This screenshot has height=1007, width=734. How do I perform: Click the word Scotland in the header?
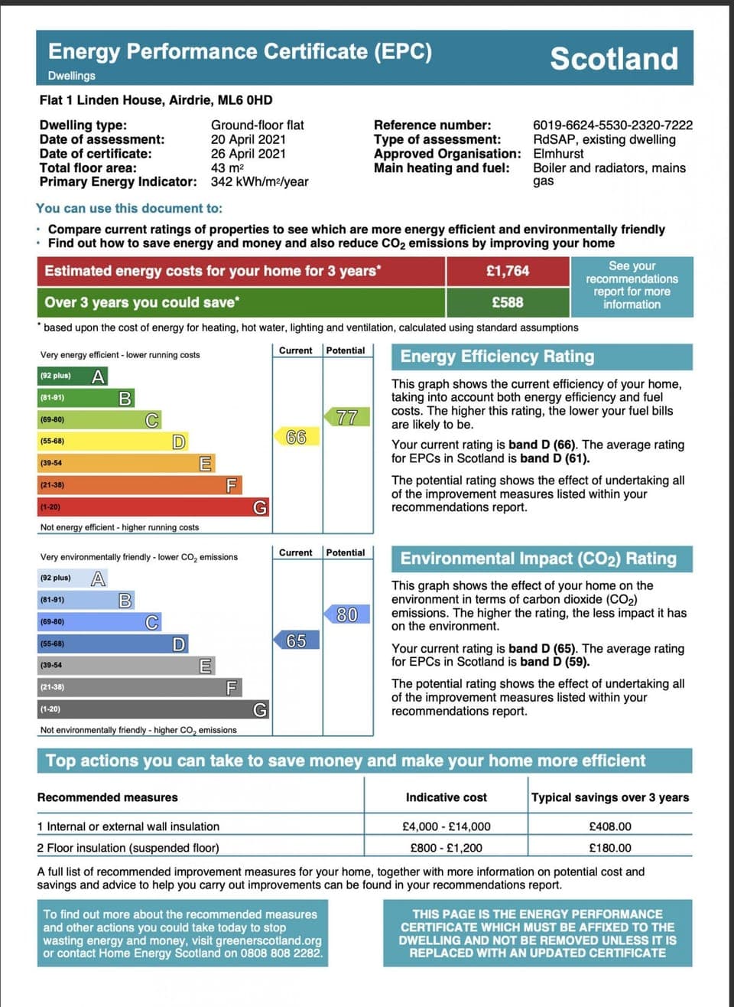(x=614, y=59)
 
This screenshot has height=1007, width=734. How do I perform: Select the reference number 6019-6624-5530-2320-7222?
(x=612, y=125)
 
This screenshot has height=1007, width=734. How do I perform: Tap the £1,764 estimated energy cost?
(x=508, y=271)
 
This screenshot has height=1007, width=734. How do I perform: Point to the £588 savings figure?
(x=508, y=302)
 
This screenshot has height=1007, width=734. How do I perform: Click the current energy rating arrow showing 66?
(x=296, y=437)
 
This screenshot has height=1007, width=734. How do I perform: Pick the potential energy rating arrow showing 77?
(x=346, y=417)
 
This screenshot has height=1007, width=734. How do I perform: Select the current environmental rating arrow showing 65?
(x=296, y=640)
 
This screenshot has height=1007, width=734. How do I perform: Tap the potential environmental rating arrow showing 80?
(x=346, y=614)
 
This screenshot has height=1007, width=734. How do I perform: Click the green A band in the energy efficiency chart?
(x=73, y=376)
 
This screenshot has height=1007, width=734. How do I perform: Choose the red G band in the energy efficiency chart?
(x=153, y=507)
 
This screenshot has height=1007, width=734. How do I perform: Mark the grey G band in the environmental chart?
(x=153, y=709)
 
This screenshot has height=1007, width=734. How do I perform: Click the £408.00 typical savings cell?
(x=610, y=826)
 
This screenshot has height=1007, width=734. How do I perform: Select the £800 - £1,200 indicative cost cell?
(x=447, y=848)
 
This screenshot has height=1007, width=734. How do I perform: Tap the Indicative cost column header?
(x=447, y=797)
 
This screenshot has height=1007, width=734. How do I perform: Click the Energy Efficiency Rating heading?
(x=497, y=357)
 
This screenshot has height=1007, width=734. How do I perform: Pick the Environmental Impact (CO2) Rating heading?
(x=538, y=559)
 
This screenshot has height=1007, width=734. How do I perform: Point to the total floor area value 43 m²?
(x=227, y=168)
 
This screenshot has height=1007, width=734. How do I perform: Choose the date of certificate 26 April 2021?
(x=248, y=154)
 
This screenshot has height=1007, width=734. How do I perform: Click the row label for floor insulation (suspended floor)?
(x=128, y=848)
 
